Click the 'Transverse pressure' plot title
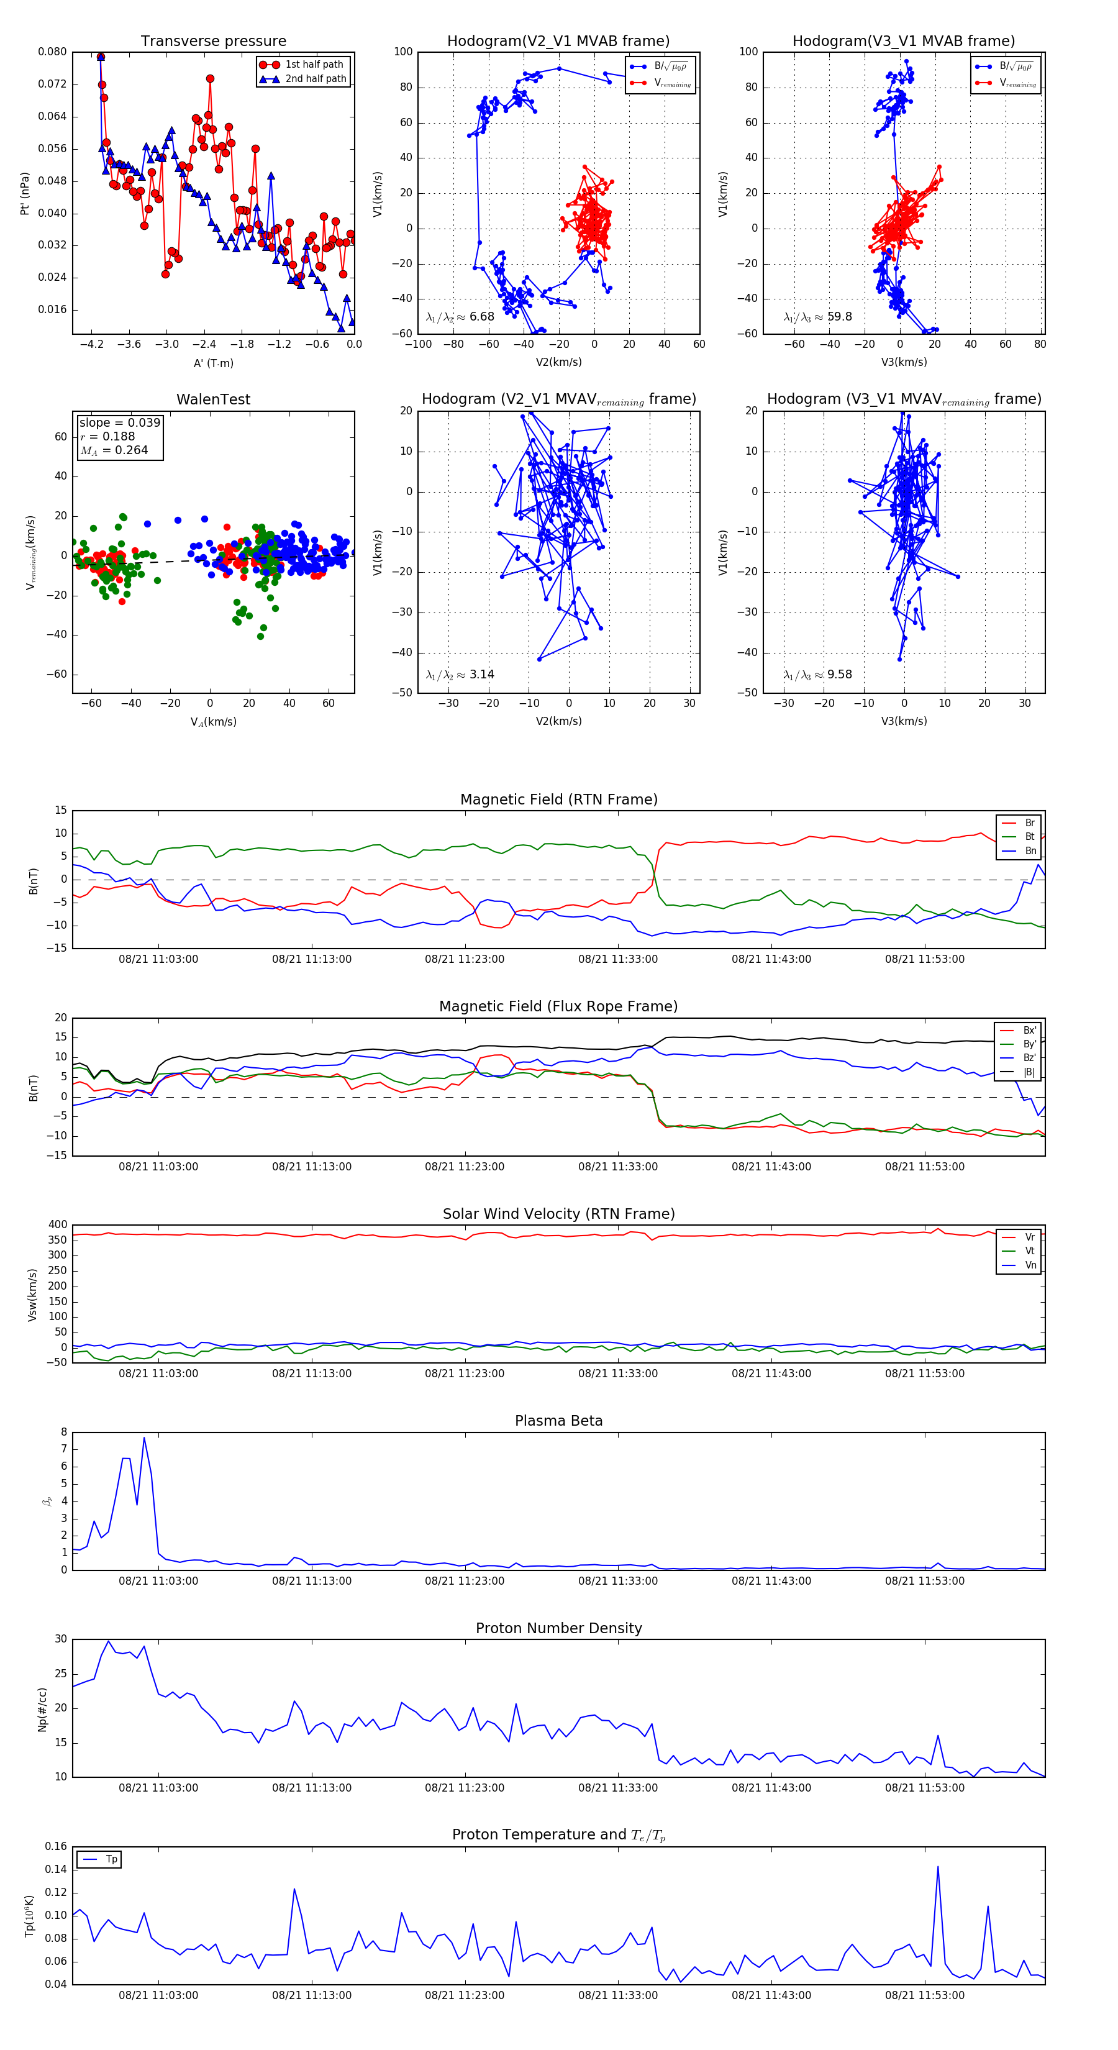[213, 42]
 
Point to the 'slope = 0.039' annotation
[119, 422]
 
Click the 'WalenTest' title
[213, 399]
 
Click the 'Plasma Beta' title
[558, 1421]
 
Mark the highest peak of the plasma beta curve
[144, 1438]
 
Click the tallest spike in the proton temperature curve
[937, 1867]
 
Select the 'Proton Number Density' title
[558, 1628]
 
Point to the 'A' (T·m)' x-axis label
[213, 363]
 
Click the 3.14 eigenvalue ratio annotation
[481, 675]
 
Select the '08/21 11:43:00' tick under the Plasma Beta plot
[771, 1581]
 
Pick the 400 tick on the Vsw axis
[57, 1225]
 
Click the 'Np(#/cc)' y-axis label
[43, 1710]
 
